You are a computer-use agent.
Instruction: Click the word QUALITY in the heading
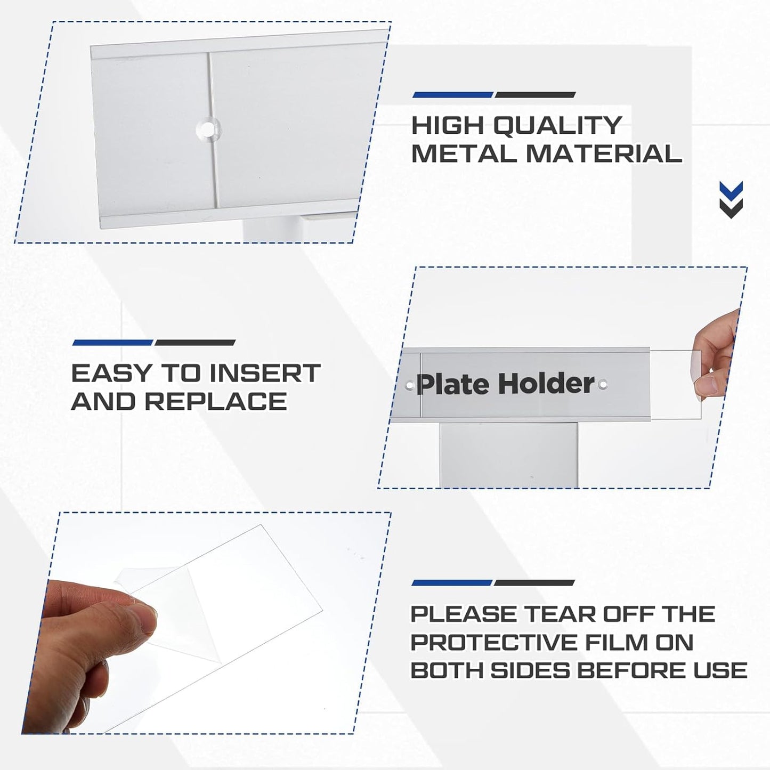tap(557, 125)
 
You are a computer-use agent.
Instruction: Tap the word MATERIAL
tap(604, 153)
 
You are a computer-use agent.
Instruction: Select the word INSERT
tap(264, 373)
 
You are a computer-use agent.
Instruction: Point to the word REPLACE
tap(216, 401)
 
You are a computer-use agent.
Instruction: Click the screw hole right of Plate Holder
tap(603, 384)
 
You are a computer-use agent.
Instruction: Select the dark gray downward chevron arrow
tap(731, 208)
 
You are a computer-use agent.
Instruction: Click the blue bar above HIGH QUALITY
tap(453, 95)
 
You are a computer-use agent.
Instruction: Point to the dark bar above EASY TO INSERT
tap(195, 343)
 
